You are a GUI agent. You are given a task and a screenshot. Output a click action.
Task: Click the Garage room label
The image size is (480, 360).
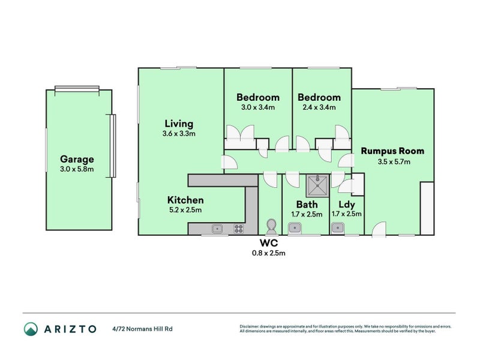pyautogui.click(x=77, y=160)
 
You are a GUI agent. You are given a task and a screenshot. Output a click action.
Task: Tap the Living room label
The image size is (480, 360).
pyautogui.click(x=179, y=124)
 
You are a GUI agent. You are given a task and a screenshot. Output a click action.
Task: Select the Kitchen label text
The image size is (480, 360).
pyautogui.click(x=185, y=200)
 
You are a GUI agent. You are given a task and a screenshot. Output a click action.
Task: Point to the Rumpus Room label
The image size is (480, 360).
pyautogui.click(x=392, y=151)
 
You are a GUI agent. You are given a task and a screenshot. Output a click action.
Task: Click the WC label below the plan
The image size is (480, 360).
pyautogui.click(x=268, y=243)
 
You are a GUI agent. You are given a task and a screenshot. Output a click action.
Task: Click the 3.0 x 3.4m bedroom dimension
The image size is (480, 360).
pyautogui.click(x=258, y=107)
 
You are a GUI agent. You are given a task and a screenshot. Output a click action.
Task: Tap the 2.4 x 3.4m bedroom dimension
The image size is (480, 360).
pyautogui.click(x=319, y=107)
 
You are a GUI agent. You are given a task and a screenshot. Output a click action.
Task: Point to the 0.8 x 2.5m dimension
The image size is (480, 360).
pyautogui.click(x=268, y=253)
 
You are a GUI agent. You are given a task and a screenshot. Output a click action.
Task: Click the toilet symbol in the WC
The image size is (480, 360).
pyautogui.click(x=271, y=226)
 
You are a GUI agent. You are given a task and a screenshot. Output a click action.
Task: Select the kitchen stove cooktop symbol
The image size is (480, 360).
pyautogui.click(x=238, y=228)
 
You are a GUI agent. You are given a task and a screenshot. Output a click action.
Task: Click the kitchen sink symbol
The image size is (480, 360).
pyautogui.click(x=217, y=228)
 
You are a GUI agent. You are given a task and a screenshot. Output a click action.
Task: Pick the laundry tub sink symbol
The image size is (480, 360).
pyautogui.click(x=338, y=227)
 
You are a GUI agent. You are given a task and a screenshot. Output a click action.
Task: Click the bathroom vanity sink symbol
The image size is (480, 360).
pyautogui.click(x=295, y=227)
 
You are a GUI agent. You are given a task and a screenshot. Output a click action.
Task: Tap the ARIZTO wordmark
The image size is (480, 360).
pyautogui.click(x=69, y=329)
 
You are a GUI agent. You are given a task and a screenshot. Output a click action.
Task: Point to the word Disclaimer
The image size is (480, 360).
pyautogui.click(x=250, y=326)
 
